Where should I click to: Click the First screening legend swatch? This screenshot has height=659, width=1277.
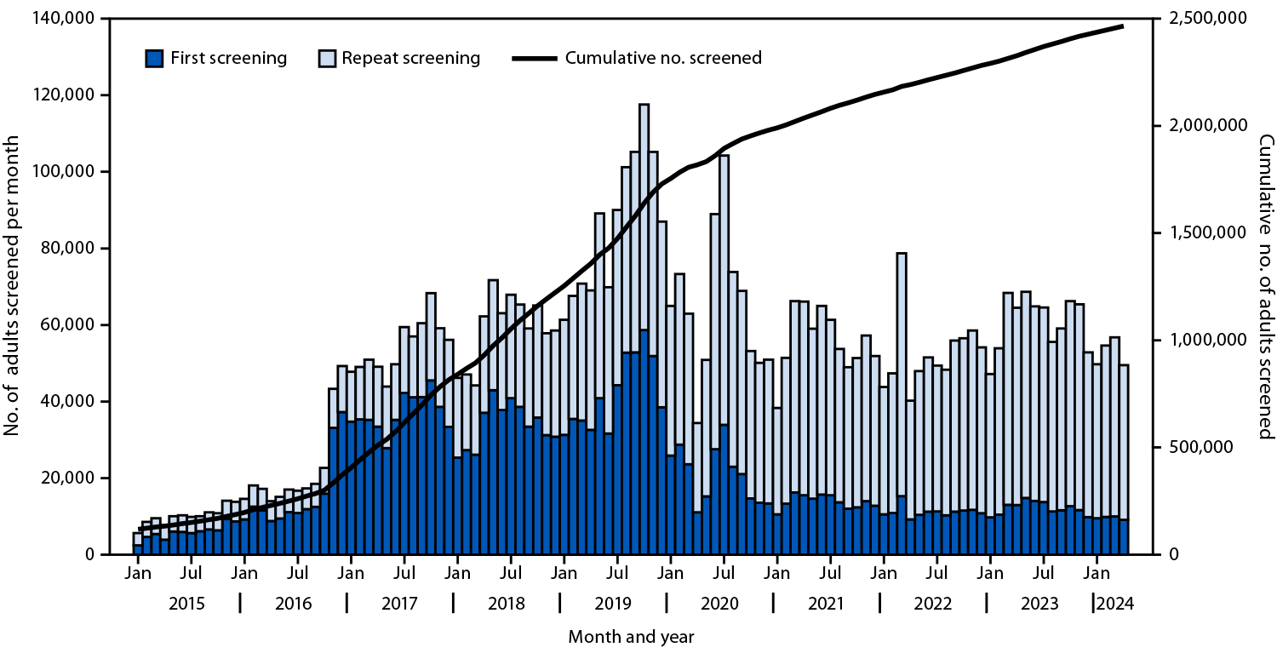coord(154,59)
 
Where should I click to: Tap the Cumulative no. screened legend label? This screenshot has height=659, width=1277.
coord(663,59)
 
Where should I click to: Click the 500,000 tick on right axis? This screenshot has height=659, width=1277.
coord(1191,448)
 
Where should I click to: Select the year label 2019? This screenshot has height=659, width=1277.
coord(613,605)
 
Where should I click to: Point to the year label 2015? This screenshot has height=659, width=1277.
coord(186,605)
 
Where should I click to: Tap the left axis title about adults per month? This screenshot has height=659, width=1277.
coord(13,286)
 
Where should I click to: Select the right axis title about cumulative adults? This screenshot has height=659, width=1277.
coord(1265,286)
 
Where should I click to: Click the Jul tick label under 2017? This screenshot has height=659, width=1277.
coord(404,575)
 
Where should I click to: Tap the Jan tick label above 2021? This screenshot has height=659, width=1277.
coord(776,575)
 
